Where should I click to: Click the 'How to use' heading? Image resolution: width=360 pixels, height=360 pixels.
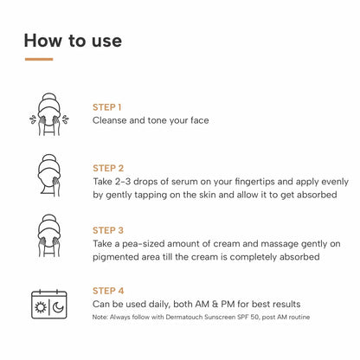click(73, 41)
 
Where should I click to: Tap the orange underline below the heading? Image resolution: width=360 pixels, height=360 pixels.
click(39, 60)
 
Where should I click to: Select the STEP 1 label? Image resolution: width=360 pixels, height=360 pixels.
click(107, 107)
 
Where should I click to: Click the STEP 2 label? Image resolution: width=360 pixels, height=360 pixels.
click(108, 168)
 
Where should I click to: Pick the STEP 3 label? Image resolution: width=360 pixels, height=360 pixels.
click(108, 230)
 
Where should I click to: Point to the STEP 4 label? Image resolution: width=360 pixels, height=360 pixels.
click(108, 292)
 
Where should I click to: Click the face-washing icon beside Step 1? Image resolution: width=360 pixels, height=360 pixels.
click(48, 112)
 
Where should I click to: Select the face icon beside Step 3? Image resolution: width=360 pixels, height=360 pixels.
click(48, 237)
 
